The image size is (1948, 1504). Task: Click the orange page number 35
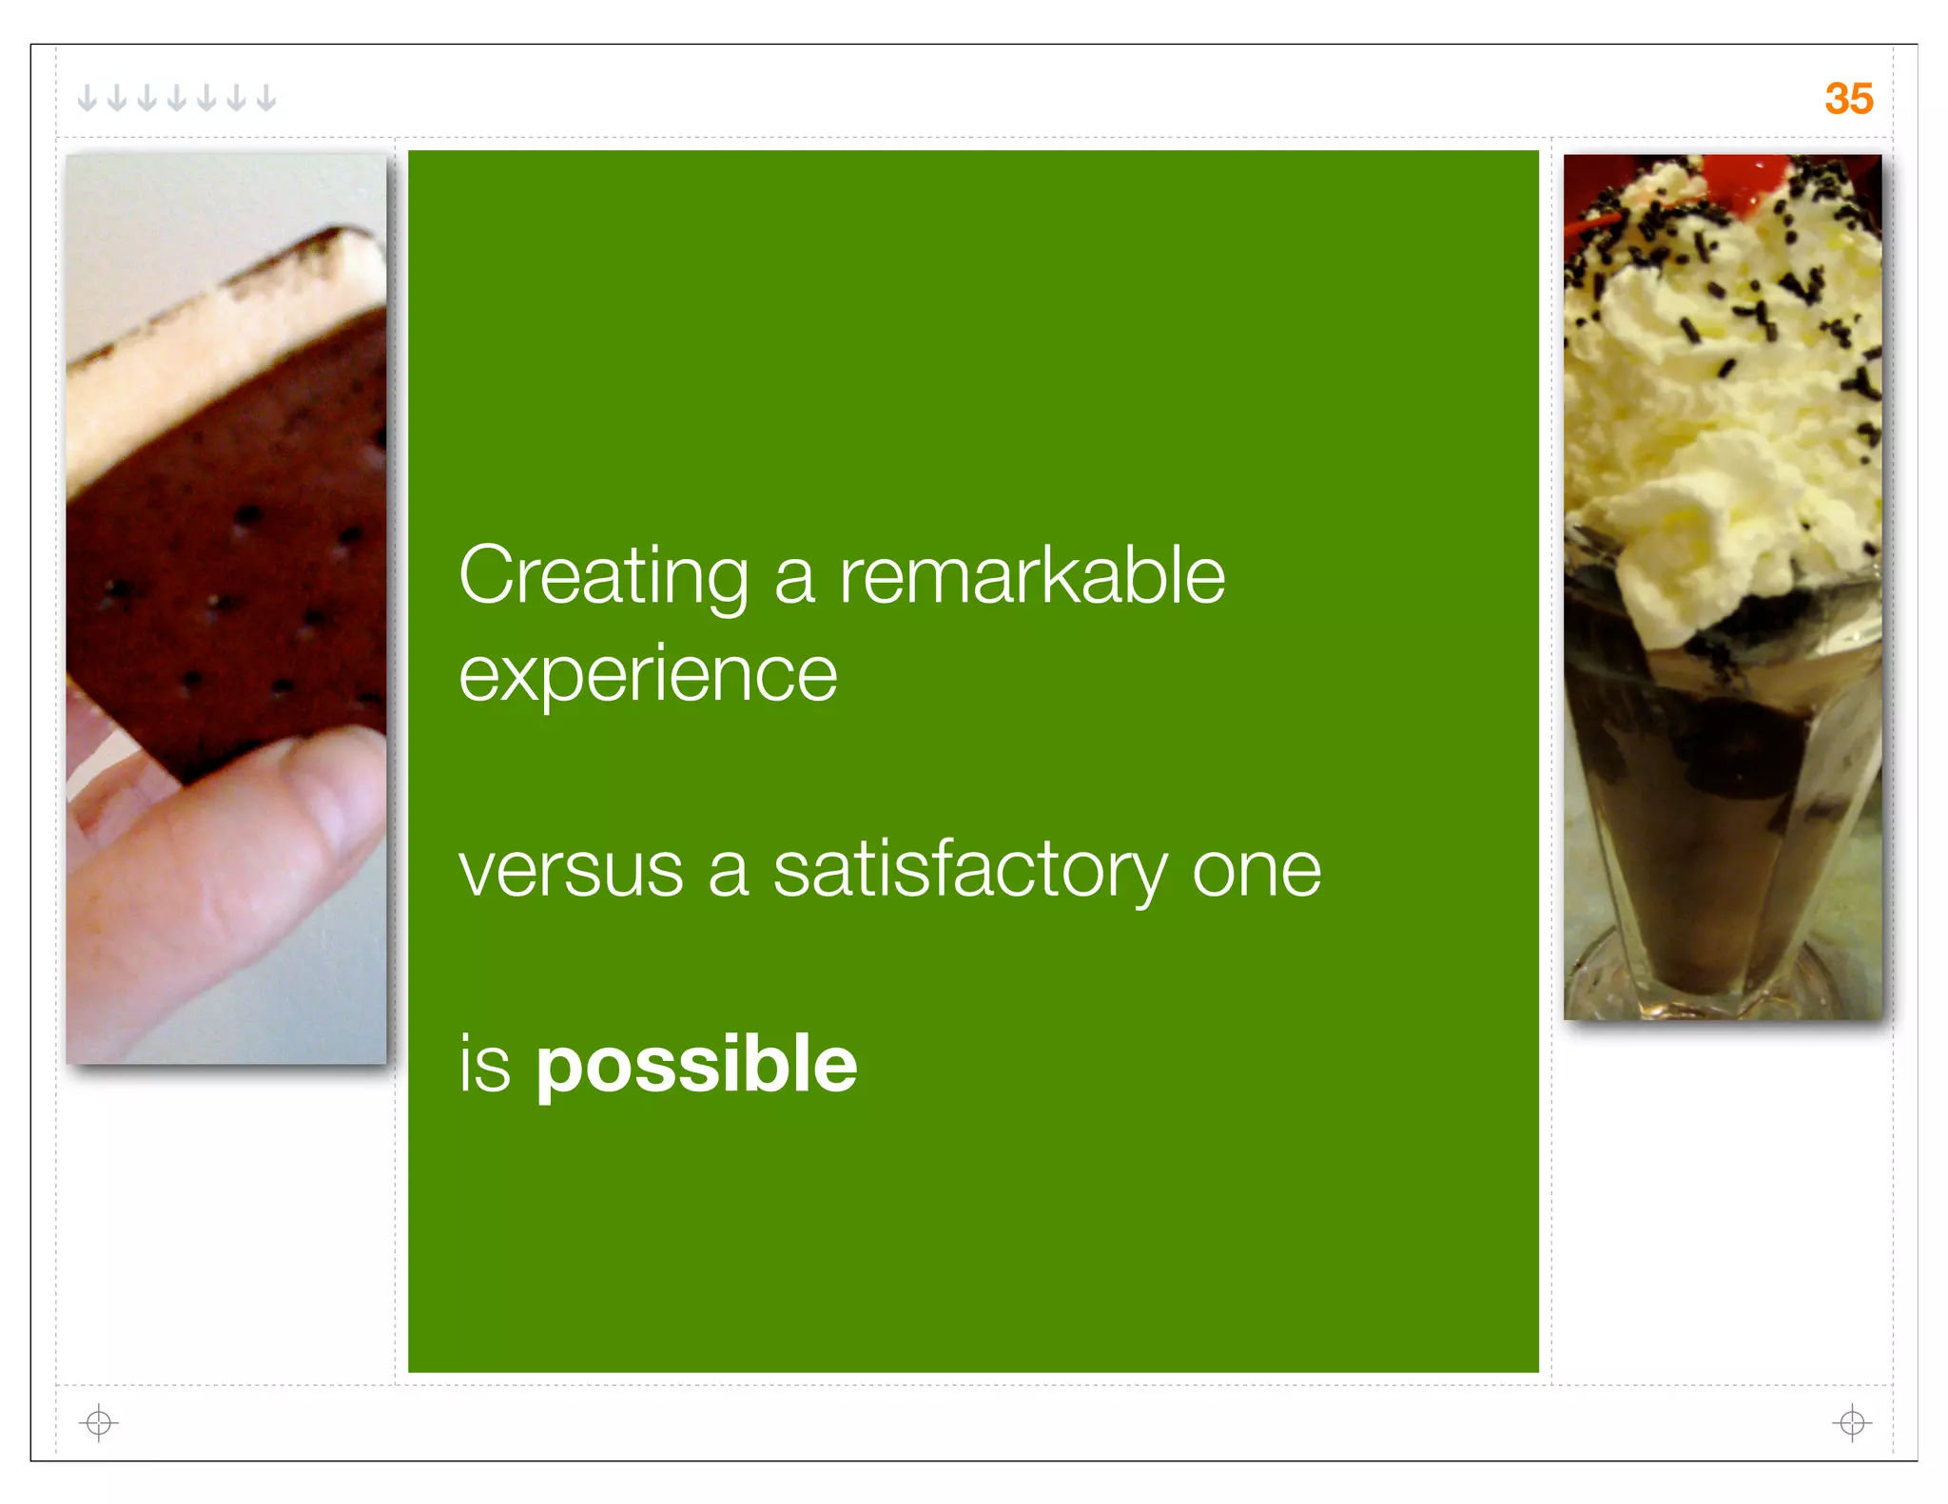tap(1848, 99)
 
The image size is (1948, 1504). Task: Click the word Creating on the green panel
tap(603, 576)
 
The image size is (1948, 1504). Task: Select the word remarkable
tap(1031, 576)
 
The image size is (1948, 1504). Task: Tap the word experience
tap(648, 675)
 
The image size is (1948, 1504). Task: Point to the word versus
tap(571, 870)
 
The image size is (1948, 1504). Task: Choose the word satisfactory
tap(969, 870)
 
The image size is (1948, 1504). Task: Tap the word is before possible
tap(485, 1065)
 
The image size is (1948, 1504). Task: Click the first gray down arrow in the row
tap(87, 98)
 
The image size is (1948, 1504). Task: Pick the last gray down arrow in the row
tap(266, 98)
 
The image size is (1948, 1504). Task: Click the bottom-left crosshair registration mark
tap(98, 1422)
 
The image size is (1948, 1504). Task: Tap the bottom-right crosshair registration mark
tap(1851, 1422)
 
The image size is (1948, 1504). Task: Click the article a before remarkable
tap(794, 578)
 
